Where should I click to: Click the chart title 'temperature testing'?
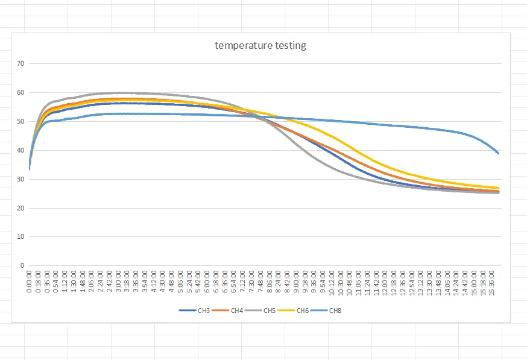(260, 46)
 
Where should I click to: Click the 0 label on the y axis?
(22, 265)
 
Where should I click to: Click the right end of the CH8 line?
(499, 153)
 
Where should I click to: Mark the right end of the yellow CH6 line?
(499, 188)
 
